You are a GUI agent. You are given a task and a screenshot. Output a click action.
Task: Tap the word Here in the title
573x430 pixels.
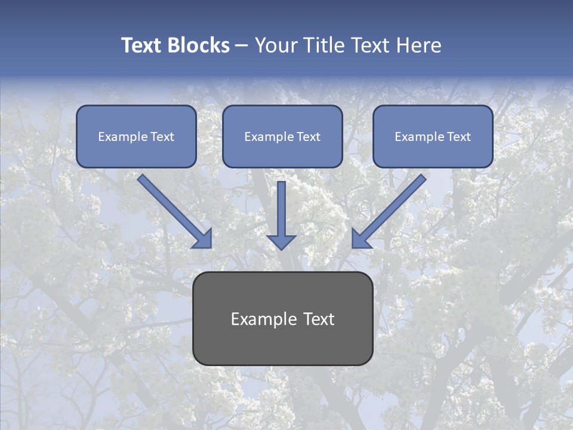click(x=417, y=45)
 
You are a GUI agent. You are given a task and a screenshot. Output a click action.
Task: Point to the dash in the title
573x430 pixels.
click(x=242, y=46)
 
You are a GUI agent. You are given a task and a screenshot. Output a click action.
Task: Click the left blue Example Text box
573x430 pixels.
click(x=136, y=136)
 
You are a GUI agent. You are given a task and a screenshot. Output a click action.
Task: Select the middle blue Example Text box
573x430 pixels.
click(x=282, y=136)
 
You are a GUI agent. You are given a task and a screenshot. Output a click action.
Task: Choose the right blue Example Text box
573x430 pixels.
click(x=433, y=136)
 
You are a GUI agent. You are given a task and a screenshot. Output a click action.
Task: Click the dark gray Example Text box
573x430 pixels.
click(x=282, y=318)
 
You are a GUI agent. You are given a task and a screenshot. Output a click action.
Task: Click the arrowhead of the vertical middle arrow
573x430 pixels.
click(x=281, y=241)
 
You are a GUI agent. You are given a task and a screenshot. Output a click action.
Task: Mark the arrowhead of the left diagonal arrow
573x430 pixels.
click(x=203, y=239)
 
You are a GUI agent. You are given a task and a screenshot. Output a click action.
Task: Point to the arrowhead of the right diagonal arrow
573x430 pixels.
click(x=361, y=239)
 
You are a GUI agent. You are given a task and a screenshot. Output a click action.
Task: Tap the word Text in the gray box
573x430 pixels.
click(x=319, y=319)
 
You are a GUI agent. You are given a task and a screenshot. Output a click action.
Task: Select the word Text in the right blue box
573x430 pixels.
click(x=459, y=137)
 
